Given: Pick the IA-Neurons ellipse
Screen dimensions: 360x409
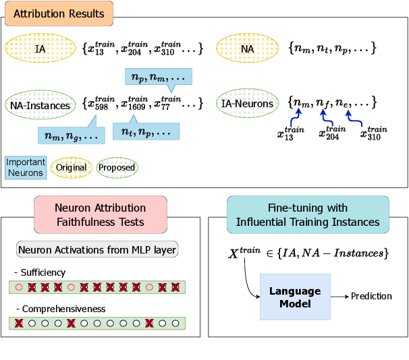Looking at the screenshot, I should (x=248, y=104).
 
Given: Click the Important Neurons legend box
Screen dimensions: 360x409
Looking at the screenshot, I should (x=25, y=167).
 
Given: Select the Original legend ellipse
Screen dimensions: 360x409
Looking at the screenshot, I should (x=71, y=167).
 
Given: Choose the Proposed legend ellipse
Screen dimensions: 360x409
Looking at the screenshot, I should (x=117, y=167).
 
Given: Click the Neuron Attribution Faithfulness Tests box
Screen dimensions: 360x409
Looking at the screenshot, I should (x=100, y=214).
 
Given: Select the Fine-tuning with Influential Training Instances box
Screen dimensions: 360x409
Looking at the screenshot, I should (x=308, y=214).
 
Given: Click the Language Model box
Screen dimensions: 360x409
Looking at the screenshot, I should (x=295, y=297).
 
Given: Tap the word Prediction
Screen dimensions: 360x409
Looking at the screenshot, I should (x=372, y=296).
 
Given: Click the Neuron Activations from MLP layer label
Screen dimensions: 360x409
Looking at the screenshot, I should (x=97, y=250).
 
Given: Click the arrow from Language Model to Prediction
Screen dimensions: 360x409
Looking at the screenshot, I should (x=340, y=297).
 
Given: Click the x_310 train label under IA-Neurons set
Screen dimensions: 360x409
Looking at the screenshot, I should (x=373, y=133).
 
